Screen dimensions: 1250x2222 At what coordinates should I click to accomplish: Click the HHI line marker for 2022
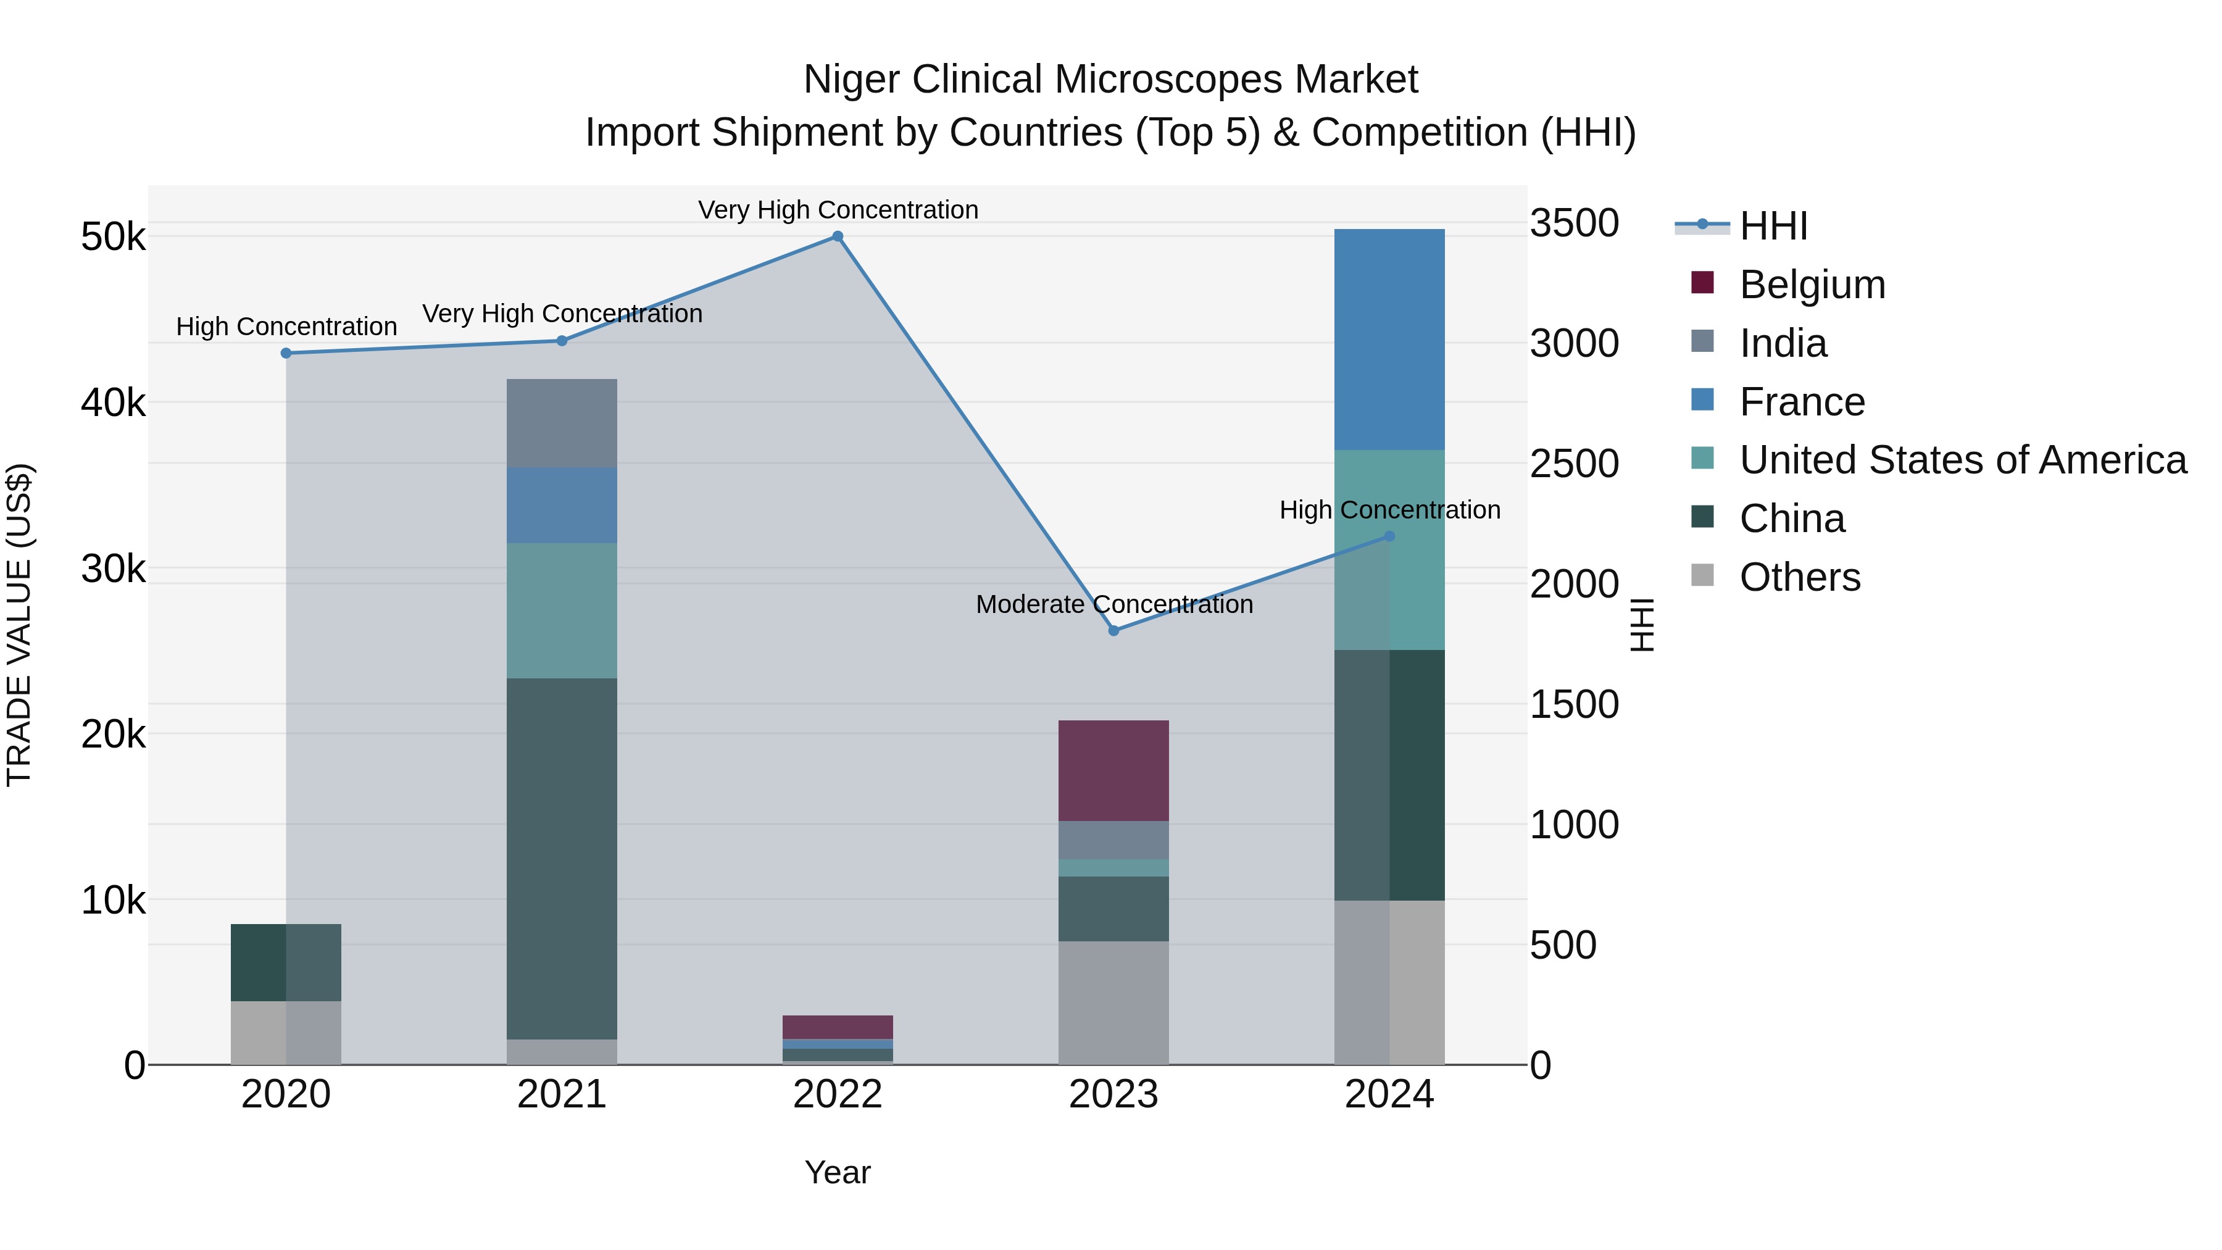(837, 236)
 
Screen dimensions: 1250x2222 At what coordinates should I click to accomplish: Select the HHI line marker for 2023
(1113, 631)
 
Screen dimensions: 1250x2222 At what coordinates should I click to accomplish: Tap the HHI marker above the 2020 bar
(286, 353)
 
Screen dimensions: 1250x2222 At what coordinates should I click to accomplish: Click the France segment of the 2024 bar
(1389, 339)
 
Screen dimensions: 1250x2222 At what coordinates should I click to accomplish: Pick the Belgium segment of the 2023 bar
(1113, 770)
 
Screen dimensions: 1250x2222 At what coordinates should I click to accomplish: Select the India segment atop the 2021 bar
(562, 423)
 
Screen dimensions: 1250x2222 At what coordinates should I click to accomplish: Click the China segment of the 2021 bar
(562, 859)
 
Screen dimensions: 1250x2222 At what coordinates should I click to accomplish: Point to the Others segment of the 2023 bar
(1113, 1002)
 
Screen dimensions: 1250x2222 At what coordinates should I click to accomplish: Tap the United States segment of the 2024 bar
(1389, 549)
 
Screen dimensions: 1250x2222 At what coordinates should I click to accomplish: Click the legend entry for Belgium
(1812, 285)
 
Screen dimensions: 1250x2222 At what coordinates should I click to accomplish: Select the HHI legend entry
(1773, 226)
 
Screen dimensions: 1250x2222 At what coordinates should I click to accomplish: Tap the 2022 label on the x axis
(837, 1094)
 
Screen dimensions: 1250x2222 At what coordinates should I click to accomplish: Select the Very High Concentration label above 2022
(838, 210)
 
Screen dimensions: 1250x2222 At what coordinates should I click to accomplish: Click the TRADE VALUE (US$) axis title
(19, 625)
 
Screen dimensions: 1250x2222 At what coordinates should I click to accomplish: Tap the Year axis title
(837, 1172)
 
